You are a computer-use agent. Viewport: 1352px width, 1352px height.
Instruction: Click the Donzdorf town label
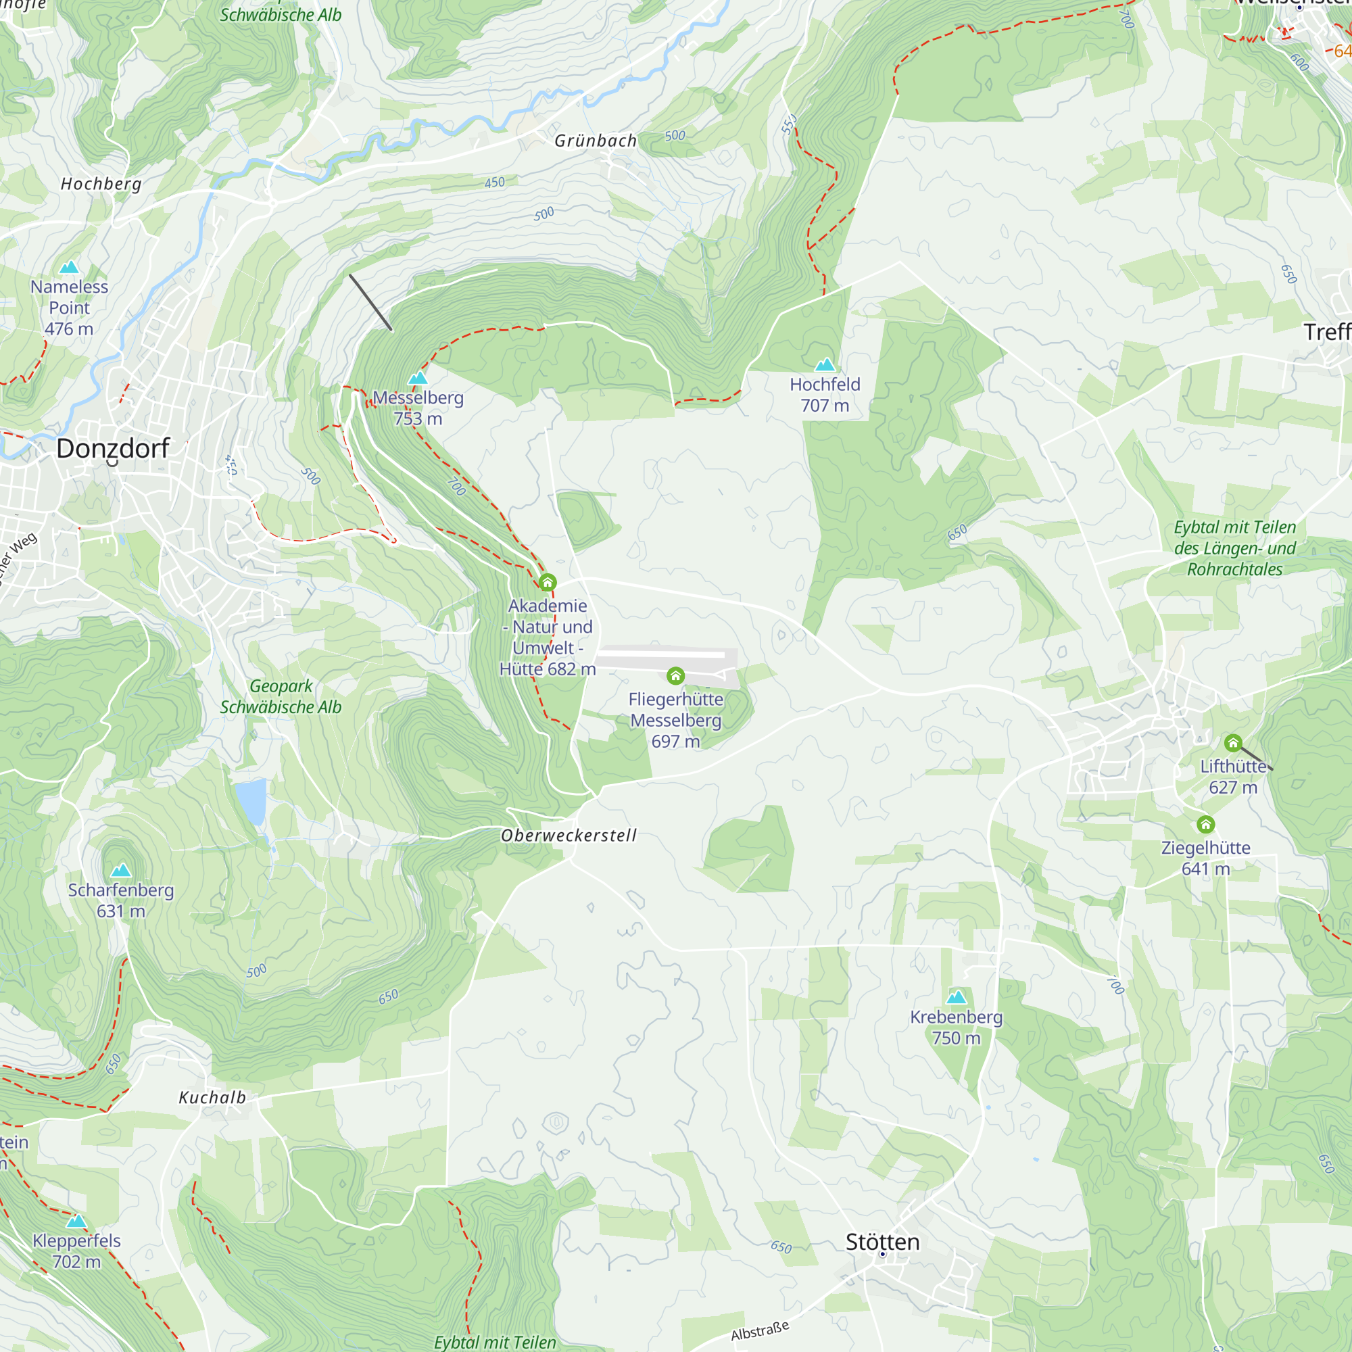113,449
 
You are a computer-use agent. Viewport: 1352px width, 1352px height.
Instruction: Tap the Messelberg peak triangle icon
418,378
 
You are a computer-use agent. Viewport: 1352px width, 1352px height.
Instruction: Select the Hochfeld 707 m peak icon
825,364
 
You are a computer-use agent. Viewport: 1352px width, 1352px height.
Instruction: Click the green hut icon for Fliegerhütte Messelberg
675,675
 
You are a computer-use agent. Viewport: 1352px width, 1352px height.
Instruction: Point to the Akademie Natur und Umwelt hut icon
548,582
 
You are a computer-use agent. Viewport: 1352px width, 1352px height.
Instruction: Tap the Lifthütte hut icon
1233,742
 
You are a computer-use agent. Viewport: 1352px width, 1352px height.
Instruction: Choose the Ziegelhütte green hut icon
1205,824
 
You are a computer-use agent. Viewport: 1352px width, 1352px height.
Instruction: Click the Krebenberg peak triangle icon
956,997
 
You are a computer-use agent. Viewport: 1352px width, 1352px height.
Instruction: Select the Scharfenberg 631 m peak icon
121,871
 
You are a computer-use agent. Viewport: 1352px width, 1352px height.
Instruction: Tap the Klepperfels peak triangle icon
76,1221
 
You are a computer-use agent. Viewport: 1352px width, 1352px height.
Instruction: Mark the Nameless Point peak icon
69,266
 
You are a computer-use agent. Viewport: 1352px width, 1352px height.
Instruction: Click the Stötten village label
882,1242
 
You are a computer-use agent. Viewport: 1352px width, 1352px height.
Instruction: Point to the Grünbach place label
596,141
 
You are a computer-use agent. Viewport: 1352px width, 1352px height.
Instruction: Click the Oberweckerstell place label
569,835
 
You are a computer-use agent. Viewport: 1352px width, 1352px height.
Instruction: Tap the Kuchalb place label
212,1097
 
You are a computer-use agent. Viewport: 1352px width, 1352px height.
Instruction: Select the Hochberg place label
101,184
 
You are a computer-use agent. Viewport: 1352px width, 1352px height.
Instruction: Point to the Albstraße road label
759,1330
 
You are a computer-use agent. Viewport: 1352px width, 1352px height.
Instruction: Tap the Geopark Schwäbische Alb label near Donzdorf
281,696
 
